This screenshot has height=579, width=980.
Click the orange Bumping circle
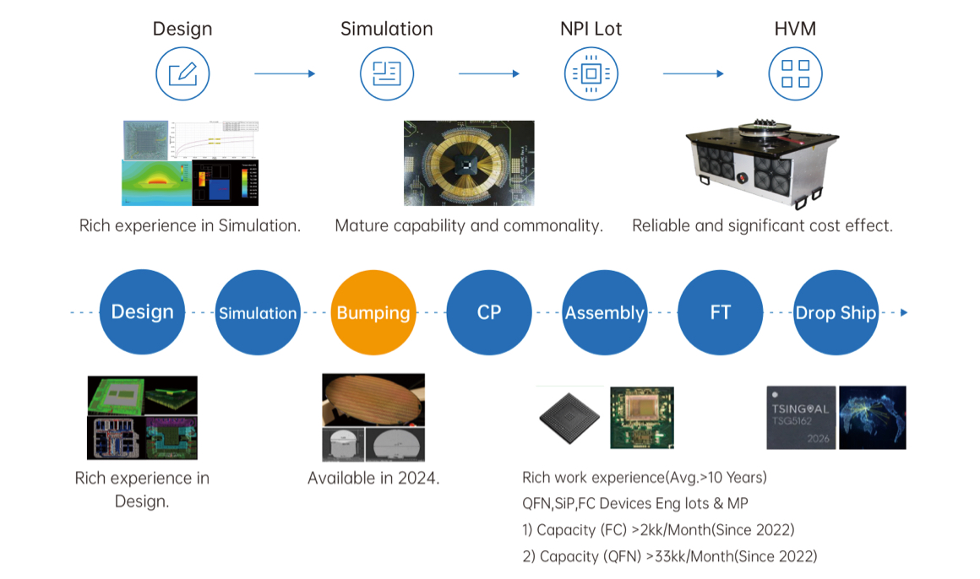point(373,312)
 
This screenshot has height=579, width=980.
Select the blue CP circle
point(489,312)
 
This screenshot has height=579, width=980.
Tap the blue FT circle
point(720,312)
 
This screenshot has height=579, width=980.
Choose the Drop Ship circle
point(836,312)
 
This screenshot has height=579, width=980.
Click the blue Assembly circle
point(604,312)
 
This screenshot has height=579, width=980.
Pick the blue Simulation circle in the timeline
point(258,312)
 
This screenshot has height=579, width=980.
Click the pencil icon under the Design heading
point(182,73)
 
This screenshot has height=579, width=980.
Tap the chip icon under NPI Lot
point(591,73)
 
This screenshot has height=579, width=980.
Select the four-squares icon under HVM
point(795,73)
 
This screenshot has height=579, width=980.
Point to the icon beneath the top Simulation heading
point(387,73)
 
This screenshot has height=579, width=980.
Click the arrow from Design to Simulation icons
point(285,73)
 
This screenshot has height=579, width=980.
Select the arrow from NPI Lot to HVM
point(693,73)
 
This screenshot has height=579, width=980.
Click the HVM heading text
point(795,29)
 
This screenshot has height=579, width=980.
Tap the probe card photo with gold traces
point(469,163)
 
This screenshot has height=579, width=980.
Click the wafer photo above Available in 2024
point(373,401)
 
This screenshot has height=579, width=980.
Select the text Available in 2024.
point(373,478)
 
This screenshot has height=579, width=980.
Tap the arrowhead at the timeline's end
point(904,312)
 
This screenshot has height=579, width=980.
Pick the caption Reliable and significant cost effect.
point(762,225)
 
